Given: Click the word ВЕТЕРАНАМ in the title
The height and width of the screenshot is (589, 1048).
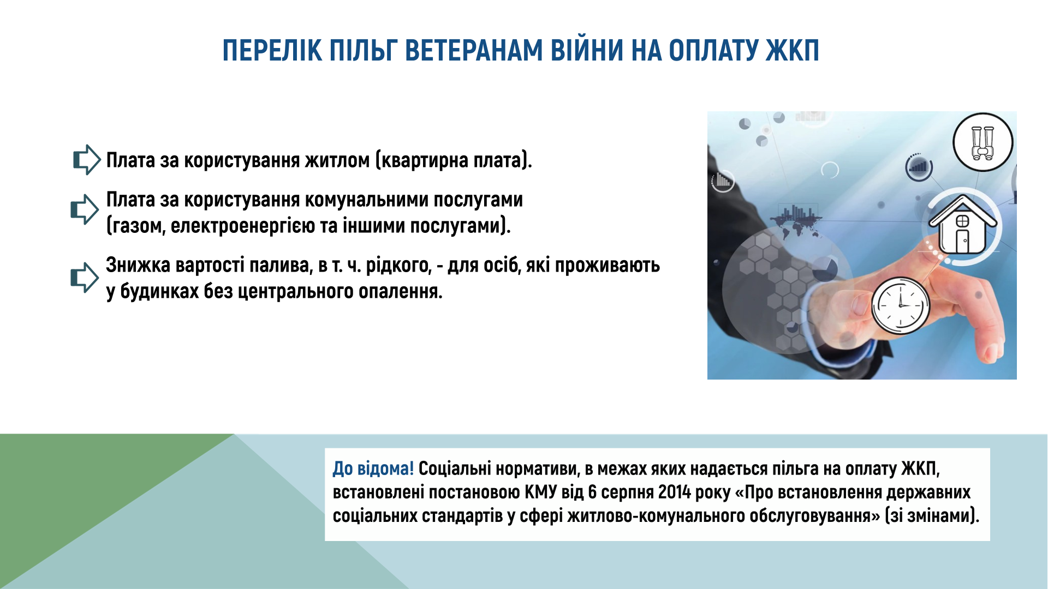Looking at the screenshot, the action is point(474,51).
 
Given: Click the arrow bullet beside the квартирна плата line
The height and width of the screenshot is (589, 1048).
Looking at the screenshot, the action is point(87,160).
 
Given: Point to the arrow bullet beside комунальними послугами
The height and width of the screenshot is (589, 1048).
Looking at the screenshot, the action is point(85,209).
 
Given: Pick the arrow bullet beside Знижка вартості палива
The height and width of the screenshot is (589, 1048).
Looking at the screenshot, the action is point(85,278).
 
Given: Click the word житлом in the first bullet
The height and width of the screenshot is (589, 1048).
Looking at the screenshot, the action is point(337,160).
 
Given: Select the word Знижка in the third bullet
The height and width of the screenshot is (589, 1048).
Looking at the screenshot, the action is point(138,265).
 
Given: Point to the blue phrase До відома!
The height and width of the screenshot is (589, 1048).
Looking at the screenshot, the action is point(373,468).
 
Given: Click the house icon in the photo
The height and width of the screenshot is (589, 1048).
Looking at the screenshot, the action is point(963,225).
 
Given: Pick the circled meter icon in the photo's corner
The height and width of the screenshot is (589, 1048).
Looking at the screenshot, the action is point(982,142).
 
